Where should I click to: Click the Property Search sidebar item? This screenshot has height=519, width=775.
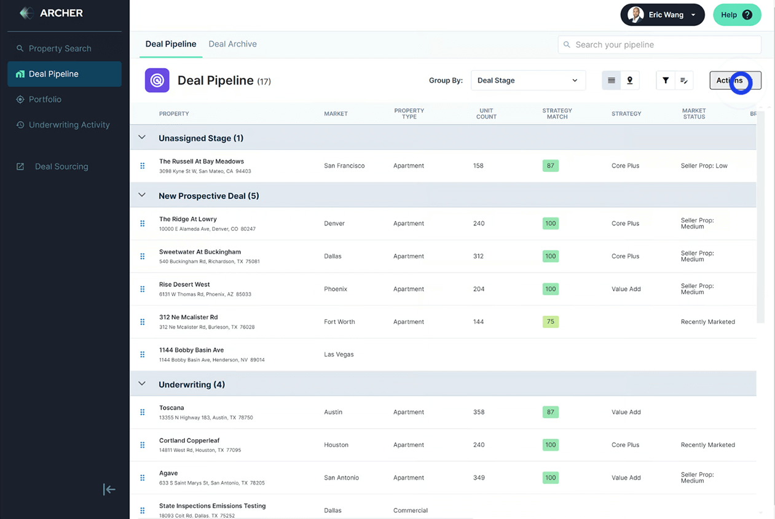(60, 49)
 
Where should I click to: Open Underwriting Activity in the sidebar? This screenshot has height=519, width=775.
(69, 125)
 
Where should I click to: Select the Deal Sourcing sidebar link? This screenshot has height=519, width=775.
(61, 166)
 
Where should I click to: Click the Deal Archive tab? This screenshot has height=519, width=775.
(232, 44)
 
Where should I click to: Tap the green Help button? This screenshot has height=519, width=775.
(736, 15)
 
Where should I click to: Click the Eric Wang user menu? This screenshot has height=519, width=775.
(663, 15)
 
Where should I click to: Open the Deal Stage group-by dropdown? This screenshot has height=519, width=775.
(527, 80)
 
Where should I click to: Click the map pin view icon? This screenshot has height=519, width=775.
(630, 80)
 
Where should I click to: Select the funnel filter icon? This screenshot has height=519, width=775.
(666, 80)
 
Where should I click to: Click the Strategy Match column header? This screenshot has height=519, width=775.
(557, 114)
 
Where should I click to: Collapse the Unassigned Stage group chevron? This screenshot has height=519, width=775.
(142, 138)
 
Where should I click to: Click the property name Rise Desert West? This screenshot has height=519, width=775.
(184, 284)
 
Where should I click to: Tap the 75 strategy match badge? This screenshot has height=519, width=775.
(550, 321)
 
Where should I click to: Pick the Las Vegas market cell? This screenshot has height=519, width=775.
(339, 354)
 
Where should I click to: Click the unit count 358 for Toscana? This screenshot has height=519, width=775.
(479, 412)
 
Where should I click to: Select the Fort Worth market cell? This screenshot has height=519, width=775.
(339, 322)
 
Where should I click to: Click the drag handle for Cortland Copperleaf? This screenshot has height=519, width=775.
(143, 445)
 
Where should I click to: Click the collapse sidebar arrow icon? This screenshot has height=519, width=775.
(109, 490)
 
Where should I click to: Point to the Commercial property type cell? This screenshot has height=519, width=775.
(410, 510)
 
